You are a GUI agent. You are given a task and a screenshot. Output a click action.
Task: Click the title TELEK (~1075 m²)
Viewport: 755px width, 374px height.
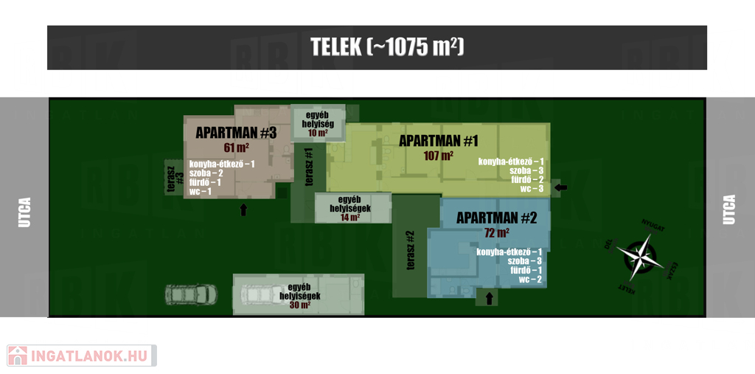point(387,46)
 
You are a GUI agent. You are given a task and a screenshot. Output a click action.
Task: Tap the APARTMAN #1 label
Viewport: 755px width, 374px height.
point(439,140)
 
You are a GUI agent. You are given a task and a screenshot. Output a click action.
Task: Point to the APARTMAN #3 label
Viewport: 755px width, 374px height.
point(235,133)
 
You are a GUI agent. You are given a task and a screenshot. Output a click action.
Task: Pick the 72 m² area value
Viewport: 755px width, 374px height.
point(496,233)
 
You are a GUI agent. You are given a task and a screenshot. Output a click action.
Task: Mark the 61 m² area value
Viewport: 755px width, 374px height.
point(236,148)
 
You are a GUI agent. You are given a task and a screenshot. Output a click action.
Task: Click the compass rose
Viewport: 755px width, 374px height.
point(640,256)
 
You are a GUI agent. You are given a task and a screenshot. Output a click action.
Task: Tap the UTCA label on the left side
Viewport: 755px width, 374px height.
point(24,211)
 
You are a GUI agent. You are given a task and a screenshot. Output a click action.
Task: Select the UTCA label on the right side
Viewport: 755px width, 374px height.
point(729,209)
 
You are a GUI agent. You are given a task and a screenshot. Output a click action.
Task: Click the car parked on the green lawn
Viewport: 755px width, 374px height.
point(191,294)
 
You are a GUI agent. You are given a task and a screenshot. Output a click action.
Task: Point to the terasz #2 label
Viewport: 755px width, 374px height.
point(411,251)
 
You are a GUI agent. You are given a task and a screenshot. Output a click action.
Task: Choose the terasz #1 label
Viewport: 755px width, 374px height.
point(309,167)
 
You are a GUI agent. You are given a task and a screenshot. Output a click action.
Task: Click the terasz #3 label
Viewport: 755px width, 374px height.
point(175,178)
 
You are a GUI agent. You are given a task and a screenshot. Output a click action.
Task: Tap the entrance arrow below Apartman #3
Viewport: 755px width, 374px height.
point(243,210)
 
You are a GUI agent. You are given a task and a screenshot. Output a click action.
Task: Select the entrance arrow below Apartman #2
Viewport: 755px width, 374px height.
point(488,299)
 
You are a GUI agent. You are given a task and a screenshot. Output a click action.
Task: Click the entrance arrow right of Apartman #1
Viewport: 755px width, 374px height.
point(561,189)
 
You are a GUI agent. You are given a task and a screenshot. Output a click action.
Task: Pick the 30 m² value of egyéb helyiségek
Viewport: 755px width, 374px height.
point(299,305)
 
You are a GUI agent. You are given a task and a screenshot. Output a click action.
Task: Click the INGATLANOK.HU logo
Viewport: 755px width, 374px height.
point(81,356)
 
